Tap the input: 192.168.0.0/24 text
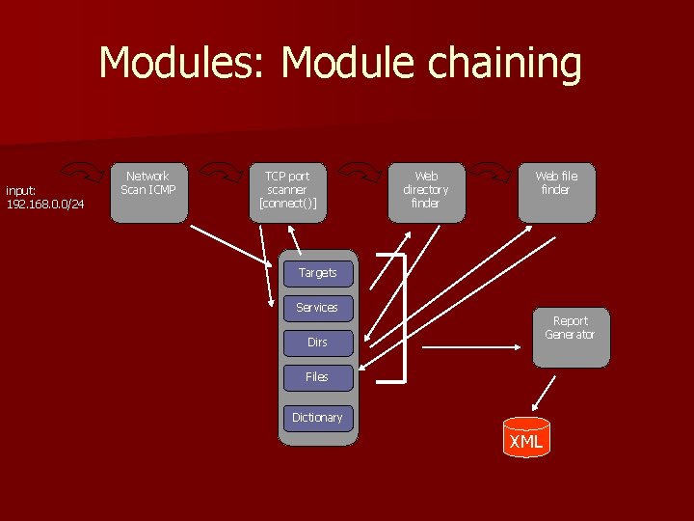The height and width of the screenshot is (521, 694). coord(45,197)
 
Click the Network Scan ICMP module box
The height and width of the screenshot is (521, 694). coord(147,193)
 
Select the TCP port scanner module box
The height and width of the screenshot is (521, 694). coord(286,193)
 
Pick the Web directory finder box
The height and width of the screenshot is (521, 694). coord(425,193)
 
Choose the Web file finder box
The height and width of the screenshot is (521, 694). coord(556,193)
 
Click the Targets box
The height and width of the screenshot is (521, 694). coord(317,273)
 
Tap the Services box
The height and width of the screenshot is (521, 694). coord(317,308)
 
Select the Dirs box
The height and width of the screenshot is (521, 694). coord(317,343)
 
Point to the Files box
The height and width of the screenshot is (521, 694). coord(317,377)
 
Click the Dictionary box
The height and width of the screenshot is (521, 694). coord(317,418)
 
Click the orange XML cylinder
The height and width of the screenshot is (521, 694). coord(526,438)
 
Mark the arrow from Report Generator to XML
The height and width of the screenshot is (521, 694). coord(546,393)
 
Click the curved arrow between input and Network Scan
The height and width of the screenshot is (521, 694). coord(89,171)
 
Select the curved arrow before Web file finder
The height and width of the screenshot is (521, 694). coord(493,171)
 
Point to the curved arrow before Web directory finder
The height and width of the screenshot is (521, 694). coord(359,171)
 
